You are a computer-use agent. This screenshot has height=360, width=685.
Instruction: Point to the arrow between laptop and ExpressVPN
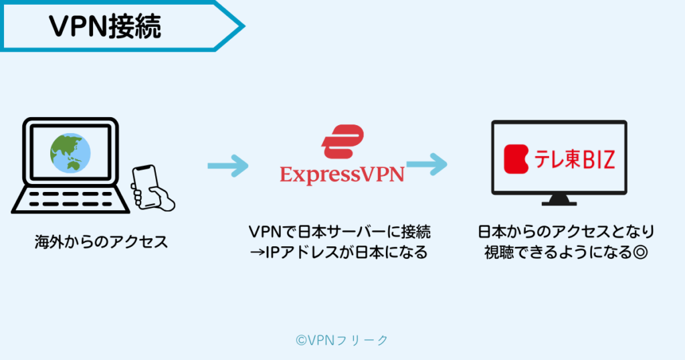(x=227, y=165)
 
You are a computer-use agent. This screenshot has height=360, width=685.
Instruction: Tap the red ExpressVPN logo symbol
(x=342, y=141)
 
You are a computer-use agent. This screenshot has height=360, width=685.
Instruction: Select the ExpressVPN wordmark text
(x=342, y=174)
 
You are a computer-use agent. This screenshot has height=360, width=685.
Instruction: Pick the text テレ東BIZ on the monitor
(x=573, y=159)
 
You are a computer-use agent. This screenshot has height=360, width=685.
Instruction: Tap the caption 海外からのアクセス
(x=101, y=242)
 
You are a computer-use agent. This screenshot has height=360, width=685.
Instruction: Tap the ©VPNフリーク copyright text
(x=342, y=340)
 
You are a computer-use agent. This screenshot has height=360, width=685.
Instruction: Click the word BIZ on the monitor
(x=594, y=159)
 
